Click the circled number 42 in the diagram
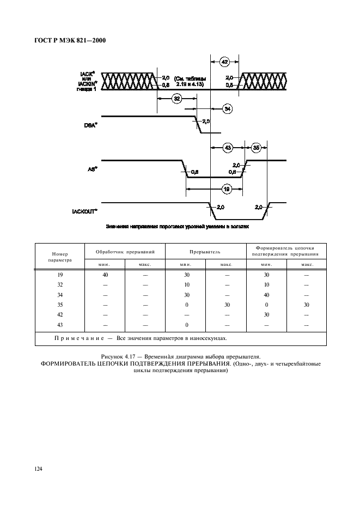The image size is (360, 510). (x=224, y=62)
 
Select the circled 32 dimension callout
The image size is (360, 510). (x=176, y=98)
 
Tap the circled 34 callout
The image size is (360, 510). (x=228, y=108)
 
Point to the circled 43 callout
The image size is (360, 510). (x=228, y=147)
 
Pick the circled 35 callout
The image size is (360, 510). (x=256, y=147)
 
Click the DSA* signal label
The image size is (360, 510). (x=90, y=125)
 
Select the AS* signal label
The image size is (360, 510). (x=91, y=169)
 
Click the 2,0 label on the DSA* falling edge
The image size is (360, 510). (x=206, y=121)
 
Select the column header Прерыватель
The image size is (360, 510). (x=205, y=252)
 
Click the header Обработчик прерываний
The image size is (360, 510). (x=125, y=252)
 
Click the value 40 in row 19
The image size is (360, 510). (x=105, y=275)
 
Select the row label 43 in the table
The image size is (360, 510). (x=59, y=325)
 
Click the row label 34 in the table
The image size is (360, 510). (x=59, y=295)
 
